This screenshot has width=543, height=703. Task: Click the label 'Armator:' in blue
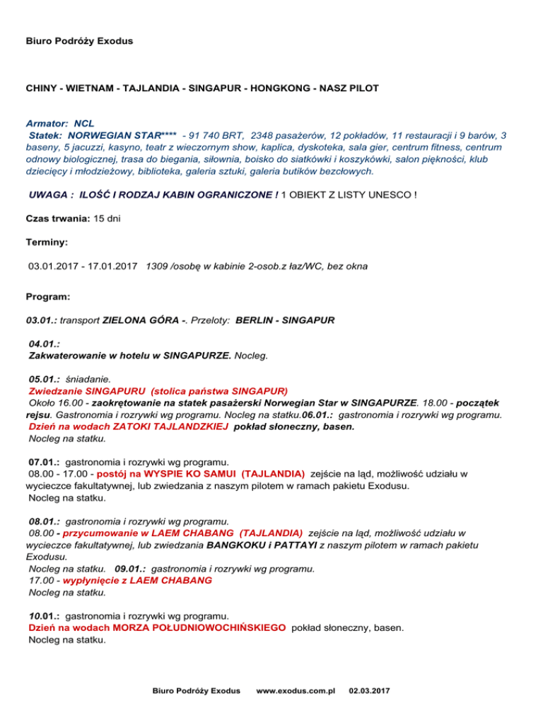(47, 122)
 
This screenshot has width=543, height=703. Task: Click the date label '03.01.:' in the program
(42, 320)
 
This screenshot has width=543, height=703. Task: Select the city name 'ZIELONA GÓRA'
(139, 320)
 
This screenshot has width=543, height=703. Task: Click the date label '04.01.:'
(44, 344)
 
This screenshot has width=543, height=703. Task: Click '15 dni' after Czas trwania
(107, 219)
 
